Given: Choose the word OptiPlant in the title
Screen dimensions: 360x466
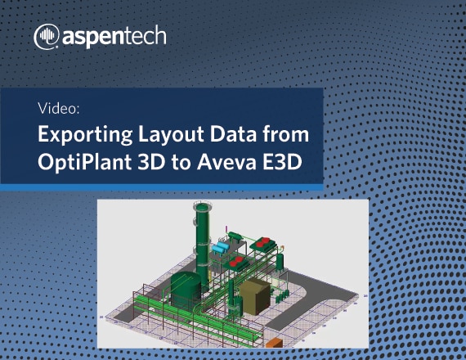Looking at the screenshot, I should coord(84,160).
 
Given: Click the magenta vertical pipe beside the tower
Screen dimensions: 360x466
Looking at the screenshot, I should coord(226,229).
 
